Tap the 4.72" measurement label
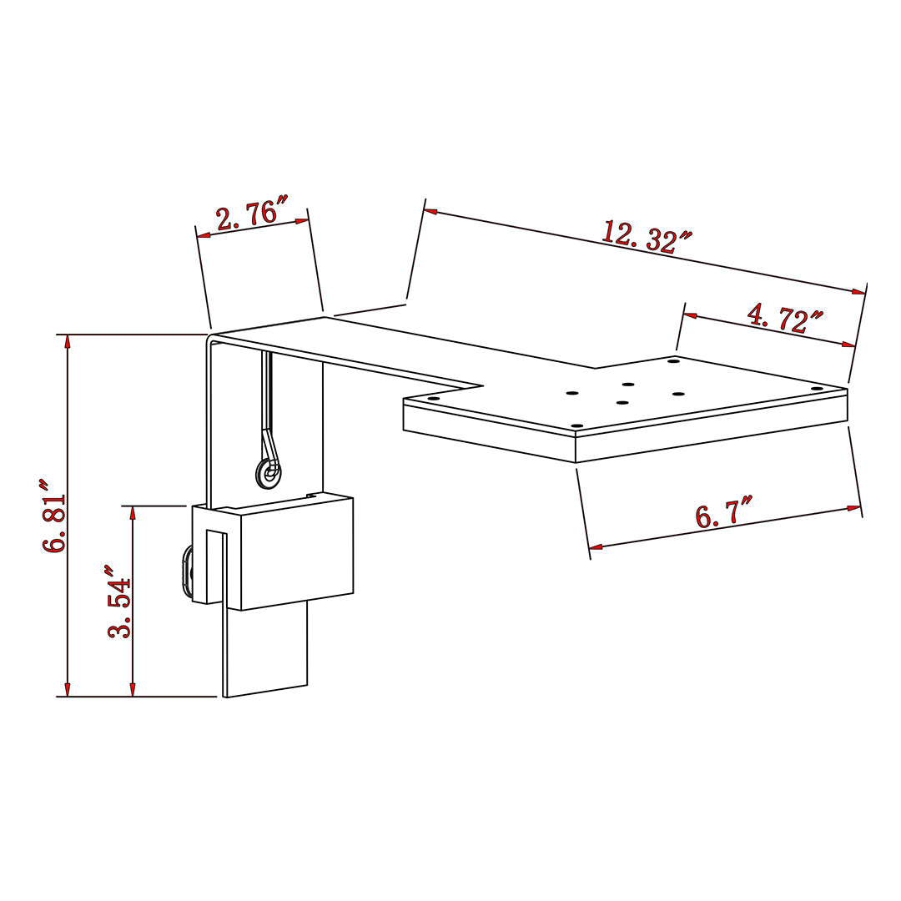pyautogui.click(x=785, y=318)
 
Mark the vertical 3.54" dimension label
pyautogui.click(x=119, y=602)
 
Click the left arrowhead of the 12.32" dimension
pyautogui.click(x=430, y=212)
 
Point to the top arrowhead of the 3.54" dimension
pyautogui.click(x=132, y=512)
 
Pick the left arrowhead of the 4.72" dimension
pyautogui.click(x=690, y=315)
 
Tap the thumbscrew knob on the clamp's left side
pyautogui.click(x=185, y=571)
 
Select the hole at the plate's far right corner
pyautogui.click(x=817, y=390)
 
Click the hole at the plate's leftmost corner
pyautogui.click(x=433, y=399)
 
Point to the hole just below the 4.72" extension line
pyautogui.click(x=672, y=361)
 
